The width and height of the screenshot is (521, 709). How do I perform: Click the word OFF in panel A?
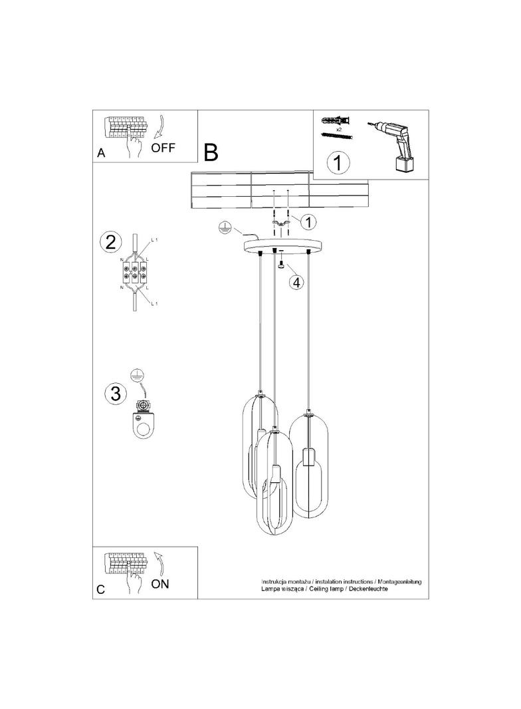point(163,148)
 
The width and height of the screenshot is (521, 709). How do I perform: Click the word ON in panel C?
point(161,585)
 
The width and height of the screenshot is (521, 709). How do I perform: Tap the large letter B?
point(211,153)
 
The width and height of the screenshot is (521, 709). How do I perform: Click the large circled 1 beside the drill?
point(338,162)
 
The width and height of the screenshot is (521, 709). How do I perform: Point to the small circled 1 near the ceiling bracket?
point(308,220)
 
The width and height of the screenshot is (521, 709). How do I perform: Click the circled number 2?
point(110,241)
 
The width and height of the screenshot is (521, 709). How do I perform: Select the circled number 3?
point(115,393)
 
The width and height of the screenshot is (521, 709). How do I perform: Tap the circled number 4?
point(296,281)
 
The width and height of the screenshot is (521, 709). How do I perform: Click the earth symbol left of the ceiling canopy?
point(226,229)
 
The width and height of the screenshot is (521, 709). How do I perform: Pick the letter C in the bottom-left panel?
point(101,589)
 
